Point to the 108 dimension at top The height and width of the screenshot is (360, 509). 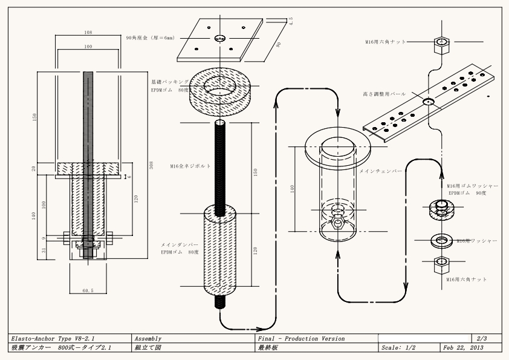[89, 31]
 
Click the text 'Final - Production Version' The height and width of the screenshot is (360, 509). [301, 338]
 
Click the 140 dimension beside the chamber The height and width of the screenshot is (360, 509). [293, 189]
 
